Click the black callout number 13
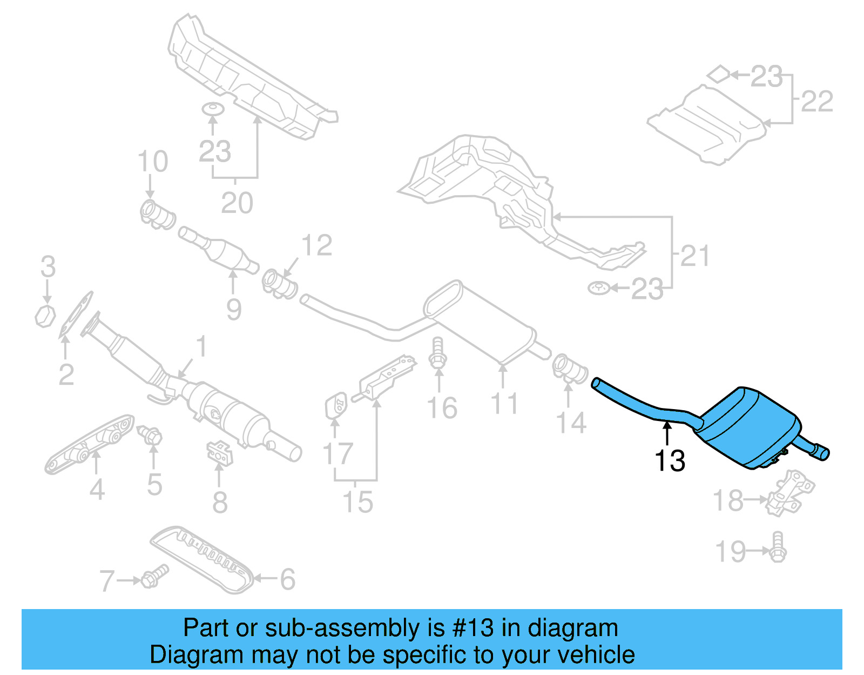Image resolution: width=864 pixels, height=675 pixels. click(x=670, y=461)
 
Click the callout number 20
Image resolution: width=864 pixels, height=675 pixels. click(x=237, y=203)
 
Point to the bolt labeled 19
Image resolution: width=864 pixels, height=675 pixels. click(x=778, y=547)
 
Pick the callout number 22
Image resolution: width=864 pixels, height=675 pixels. click(x=817, y=101)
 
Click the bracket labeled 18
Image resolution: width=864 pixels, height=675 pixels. click(x=788, y=492)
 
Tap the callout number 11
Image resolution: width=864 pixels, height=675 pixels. click(x=504, y=404)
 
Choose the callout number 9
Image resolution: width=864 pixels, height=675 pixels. click(x=233, y=310)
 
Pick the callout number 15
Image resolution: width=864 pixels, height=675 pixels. click(x=357, y=502)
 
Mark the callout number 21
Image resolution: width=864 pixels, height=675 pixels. click(x=695, y=256)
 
